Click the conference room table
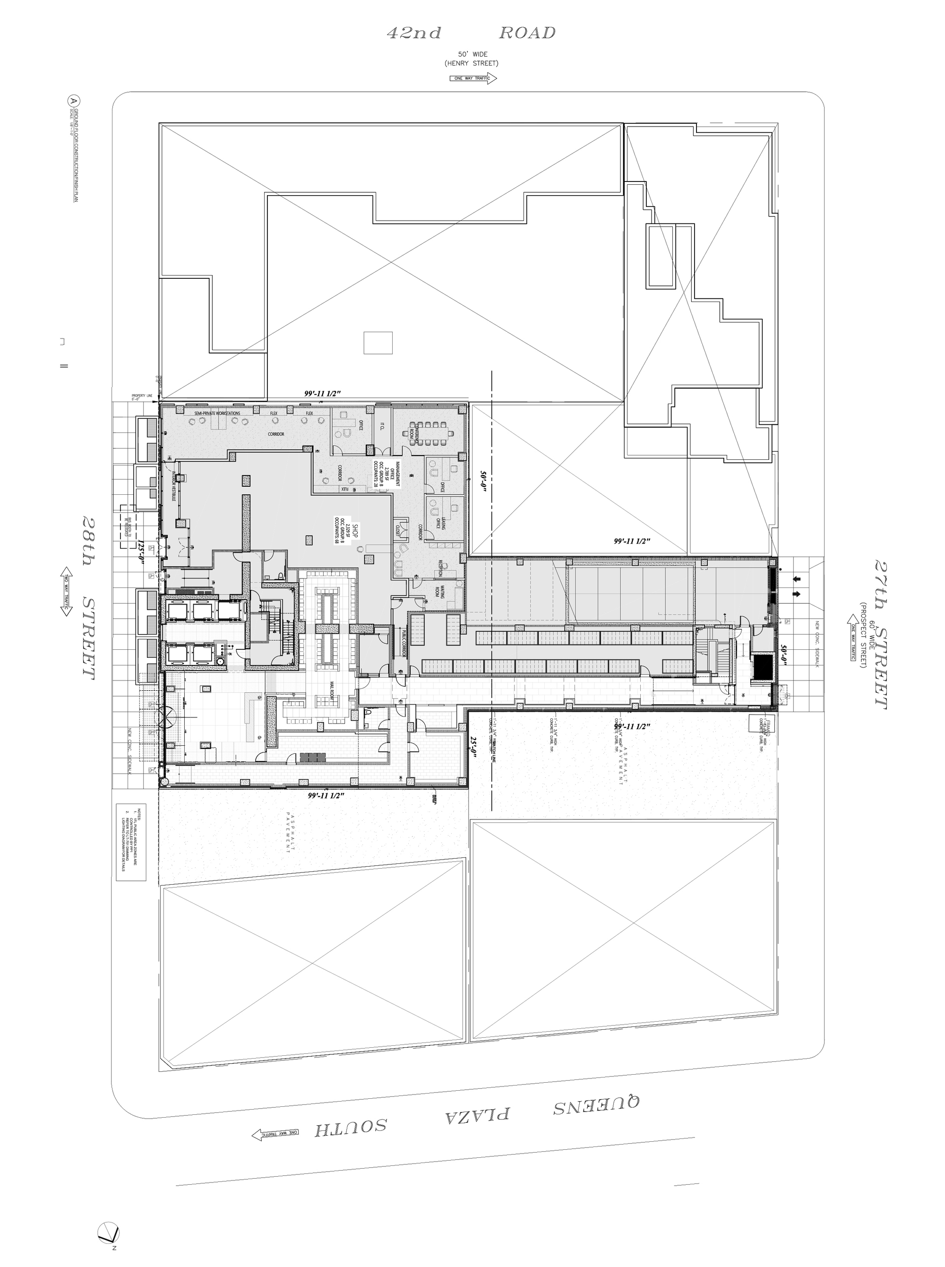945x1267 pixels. click(x=430, y=426)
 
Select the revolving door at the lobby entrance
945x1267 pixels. click(x=171, y=715)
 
